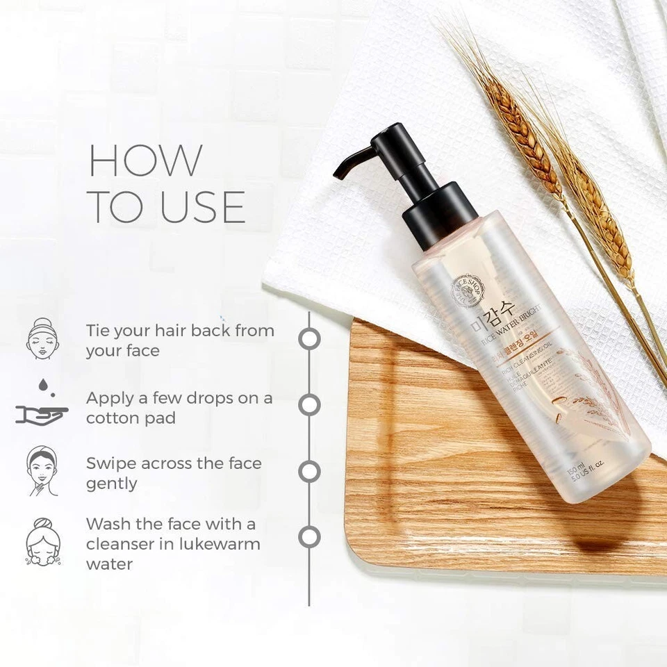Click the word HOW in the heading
pos(146,160)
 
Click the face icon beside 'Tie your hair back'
pos(42,339)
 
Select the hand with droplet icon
pos(42,406)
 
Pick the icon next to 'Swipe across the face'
pos(42,471)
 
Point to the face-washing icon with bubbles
pos(42,542)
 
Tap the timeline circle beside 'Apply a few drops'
pos(309,404)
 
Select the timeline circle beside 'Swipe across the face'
pos(309,471)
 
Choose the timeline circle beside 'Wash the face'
pos(309,537)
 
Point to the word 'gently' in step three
pos(112,484)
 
